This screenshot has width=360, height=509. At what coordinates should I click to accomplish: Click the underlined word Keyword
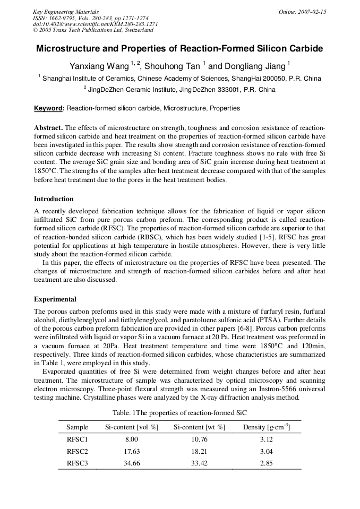coord(48,108)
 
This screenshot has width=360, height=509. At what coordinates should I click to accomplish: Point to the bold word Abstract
coord(48,128)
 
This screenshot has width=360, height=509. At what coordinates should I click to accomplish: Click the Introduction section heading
coord(54,199)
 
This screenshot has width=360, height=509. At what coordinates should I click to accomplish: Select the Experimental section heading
coord(55,299)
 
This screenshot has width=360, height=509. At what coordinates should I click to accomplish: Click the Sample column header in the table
coord(77,427)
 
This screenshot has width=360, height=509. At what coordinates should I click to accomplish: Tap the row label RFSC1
coord(77,439)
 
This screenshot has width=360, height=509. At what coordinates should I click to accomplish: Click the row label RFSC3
coord(77,463)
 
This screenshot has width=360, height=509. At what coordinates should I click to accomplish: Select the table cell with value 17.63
coord(131,451)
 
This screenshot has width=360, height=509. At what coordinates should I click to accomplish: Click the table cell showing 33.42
coord(199,463)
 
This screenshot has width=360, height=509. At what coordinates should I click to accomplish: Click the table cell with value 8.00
coord(131,439)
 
